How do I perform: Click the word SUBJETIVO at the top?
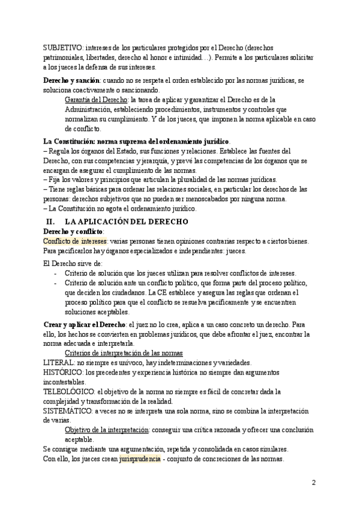62,47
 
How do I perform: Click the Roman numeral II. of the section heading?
50,221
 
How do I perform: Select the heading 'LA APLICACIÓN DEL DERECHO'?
119,221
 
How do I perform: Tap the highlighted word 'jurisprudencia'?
140,459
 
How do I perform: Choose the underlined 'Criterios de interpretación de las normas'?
124,352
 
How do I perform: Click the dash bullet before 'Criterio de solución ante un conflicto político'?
55,282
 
